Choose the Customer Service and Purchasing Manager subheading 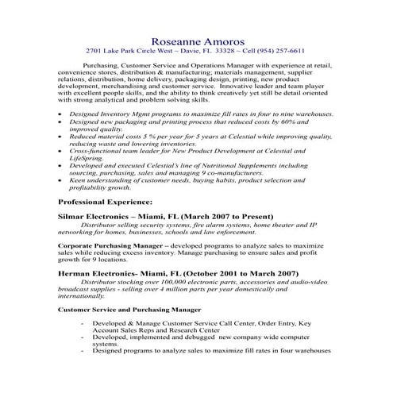pos(129,308)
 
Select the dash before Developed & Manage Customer pos(83,325)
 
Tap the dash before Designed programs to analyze pos(83,350)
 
